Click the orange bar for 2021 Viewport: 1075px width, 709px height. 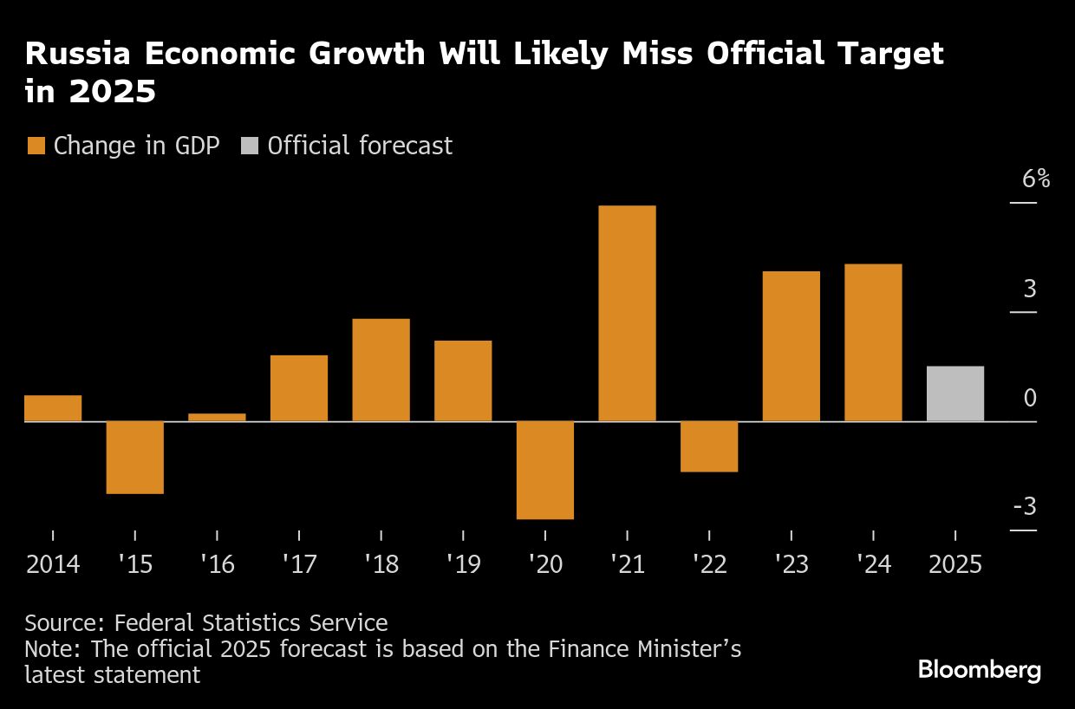(627, 313)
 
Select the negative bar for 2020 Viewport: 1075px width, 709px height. (545, 470)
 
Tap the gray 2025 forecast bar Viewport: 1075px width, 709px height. (955, 394)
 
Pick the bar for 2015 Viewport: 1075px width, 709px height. (135, 457)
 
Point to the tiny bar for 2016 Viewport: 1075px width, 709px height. (217, 417)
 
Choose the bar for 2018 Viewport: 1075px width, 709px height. (381, 370)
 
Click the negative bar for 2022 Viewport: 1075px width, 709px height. (709, 446)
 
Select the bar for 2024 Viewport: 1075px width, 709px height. (873, 342)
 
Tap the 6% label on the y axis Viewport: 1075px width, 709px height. (1036, 179)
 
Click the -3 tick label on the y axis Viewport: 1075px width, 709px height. (1025, 506)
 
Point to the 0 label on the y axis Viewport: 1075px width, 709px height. (1030, 398)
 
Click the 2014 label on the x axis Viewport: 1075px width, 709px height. (53, 565)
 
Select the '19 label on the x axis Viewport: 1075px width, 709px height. (462, 565)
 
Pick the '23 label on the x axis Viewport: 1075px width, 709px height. (791, 565)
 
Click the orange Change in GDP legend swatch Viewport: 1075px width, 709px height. (36, 146)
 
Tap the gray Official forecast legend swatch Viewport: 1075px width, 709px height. (250, 146)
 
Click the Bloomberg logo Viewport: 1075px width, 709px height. (980, 670)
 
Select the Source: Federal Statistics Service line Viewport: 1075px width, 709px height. (206, 622)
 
